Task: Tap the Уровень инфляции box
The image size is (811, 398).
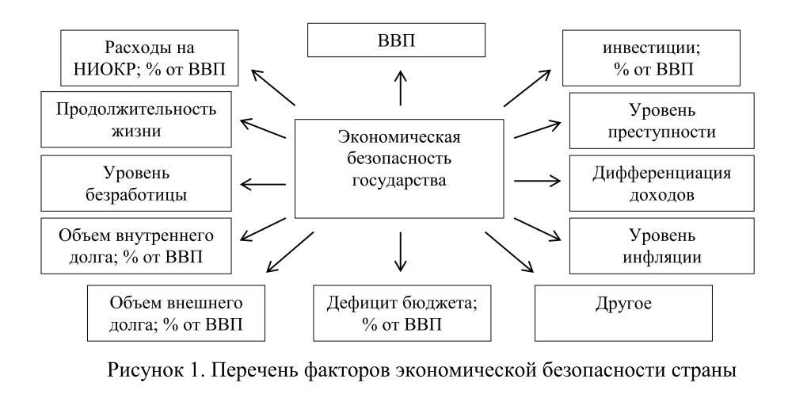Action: pyautogui.click(x=651, y=247)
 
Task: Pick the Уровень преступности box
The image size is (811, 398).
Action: pyautogui.click(x=651, y=120)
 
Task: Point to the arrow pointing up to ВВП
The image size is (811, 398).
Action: pyautogui.click(x=401, y=87)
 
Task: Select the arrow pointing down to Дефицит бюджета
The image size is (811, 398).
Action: pyautogui.click(x=401, y=251)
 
